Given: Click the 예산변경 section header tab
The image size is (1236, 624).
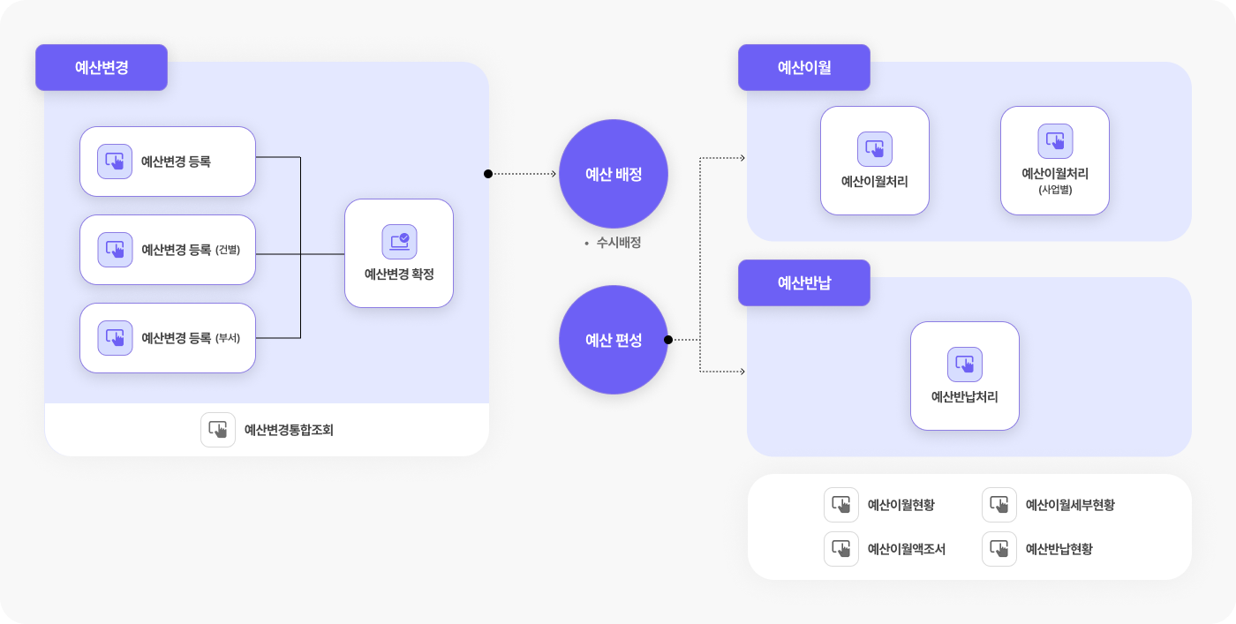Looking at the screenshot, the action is tap(102, 67).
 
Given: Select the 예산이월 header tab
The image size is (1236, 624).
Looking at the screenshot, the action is tap(804, 67).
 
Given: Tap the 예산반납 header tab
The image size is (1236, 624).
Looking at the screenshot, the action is tap(804, 282).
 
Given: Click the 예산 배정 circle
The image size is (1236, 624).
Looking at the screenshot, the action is tap(613, 174).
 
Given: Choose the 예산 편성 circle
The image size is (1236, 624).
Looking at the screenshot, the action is tap(613, 340).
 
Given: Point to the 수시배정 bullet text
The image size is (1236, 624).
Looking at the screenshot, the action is tap(619, 243).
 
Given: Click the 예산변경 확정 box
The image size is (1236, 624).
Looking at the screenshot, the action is tap(399, 253).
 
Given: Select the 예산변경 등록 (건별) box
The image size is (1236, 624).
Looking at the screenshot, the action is tap(168, 250).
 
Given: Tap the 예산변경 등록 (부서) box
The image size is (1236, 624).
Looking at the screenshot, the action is tap(168, 338).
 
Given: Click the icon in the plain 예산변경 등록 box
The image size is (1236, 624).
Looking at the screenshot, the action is tap(115, 162).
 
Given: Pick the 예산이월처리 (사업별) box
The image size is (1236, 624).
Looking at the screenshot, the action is tap(1054, 161).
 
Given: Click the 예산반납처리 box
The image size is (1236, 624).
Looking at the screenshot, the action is tap(964, 376).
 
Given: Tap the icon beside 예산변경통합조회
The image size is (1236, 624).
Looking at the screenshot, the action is tap(218, 430).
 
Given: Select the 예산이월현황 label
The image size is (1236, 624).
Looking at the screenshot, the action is tap(901, 505).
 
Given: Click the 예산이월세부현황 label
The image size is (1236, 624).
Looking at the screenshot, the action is tap(1070, 505).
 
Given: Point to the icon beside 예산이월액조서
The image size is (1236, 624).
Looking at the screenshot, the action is tap(840, 549).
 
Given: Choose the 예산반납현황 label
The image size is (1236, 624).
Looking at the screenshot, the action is tap(1059, 549).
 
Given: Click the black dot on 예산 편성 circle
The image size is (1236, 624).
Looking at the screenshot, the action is tap(668, 340).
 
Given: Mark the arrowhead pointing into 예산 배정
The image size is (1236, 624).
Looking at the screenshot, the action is tap(554, 174).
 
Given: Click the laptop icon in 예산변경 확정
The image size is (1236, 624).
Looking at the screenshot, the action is tap(399, 242).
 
